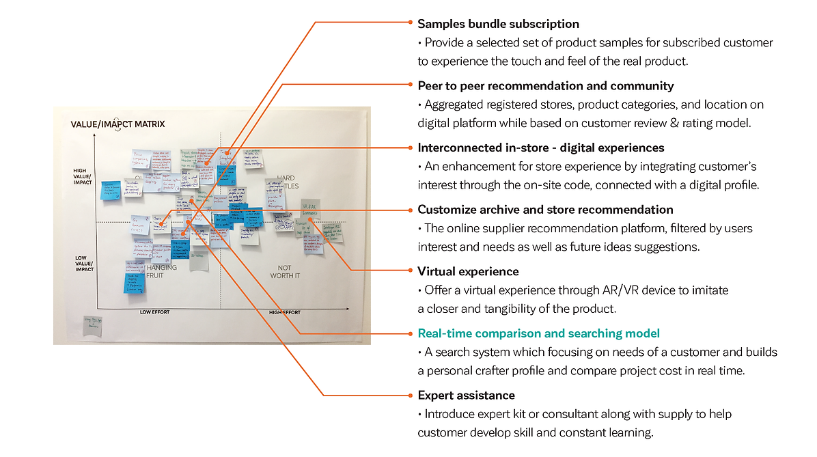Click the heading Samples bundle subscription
tap(498, 24)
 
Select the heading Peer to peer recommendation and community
tap(545, 86)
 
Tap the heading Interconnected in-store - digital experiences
tap(540, 148)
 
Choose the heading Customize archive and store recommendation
tap(545, 210)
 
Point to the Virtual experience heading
tap(468, 271)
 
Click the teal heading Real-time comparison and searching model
tap(538, 333)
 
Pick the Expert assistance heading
tap(466, 396)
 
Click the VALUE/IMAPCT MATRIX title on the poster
tap(117, 124)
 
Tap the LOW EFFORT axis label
tap(154, 312)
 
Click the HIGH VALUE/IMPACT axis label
tap(83, 176)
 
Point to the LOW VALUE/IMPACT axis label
tap(84, 264)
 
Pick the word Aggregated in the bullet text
tap(454, 105)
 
